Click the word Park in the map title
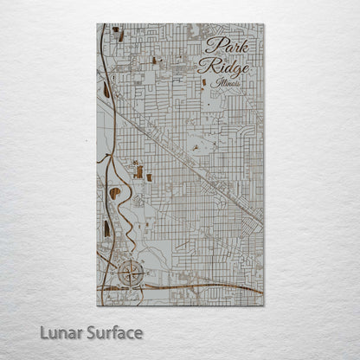point(226,47)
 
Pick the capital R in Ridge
point(204,66)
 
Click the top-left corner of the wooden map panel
point(98,24)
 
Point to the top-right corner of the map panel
point(263,24)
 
